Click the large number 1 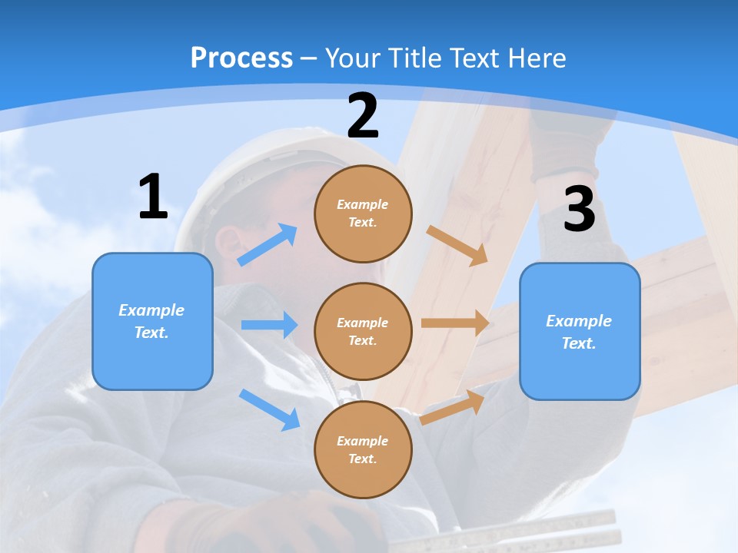click(153, 197)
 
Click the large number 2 click(363, 116)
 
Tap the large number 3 click(580, 210)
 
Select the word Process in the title click(241, 58)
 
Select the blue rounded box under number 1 click(152, 321)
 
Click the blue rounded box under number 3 click(580, 331)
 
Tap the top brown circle click(363, 214)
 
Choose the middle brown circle click(363, 331)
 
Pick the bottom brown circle click(363, 449)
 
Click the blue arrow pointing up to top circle click(268, 245)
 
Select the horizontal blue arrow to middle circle click(269, 325)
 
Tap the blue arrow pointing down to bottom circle click(270, 409)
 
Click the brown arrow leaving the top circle click(457, 245)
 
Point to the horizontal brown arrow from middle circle click(455, 323)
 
